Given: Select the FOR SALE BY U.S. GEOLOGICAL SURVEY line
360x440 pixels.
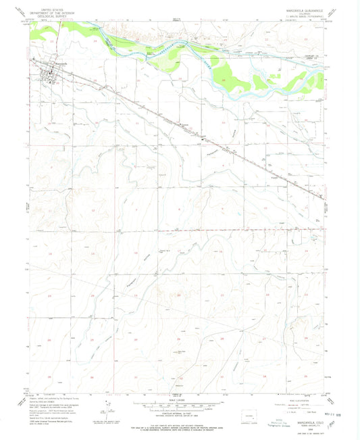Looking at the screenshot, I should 179,424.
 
